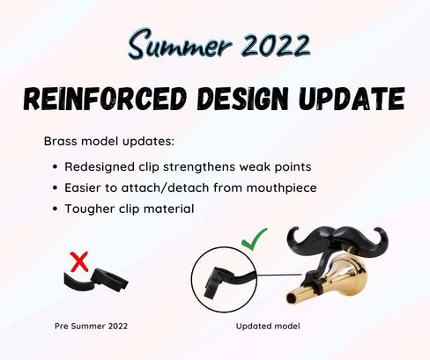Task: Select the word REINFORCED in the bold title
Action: tap(105, 99)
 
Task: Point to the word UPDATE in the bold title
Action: tap(352, 99)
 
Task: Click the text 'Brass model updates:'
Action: tap(109, 141)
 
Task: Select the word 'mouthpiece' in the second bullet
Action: tap(281, 188)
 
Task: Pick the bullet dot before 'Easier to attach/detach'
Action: tap(55, 187)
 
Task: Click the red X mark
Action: tap(79, 261)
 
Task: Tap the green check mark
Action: tap(254, 239)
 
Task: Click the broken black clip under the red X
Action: tap(96, 280)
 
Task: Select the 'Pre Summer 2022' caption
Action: tap(91, 326)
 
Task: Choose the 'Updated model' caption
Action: tap(268, 326)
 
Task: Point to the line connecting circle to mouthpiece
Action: tap(279, 275)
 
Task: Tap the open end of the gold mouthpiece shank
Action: tap(292, 298)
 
